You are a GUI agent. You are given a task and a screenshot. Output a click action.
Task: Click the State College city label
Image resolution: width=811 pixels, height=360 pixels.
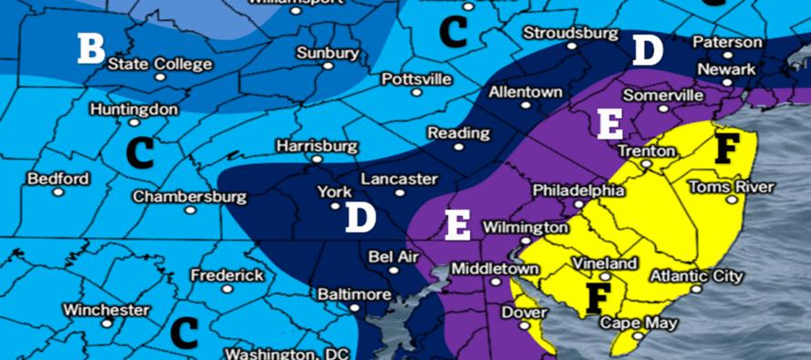159,64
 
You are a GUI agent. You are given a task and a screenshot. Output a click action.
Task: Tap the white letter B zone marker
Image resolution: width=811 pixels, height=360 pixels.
90,48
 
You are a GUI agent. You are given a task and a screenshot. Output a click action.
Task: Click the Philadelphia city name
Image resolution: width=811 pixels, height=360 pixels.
578,191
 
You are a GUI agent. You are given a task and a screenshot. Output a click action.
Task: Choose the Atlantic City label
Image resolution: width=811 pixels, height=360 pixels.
696,275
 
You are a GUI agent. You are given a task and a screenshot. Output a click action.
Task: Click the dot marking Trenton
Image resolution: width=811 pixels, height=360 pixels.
645,165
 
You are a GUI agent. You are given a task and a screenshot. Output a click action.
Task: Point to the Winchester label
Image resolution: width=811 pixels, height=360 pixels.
107,310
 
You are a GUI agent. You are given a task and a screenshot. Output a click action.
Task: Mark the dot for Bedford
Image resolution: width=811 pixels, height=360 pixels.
58,192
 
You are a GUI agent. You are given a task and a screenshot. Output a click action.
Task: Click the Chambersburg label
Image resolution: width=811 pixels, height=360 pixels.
190,196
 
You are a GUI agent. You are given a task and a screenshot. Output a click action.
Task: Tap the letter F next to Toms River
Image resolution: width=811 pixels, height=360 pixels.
725,148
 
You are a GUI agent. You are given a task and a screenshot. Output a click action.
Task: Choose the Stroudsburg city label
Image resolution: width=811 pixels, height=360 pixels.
566,34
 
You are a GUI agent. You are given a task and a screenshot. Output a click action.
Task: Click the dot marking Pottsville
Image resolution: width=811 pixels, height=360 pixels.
416,92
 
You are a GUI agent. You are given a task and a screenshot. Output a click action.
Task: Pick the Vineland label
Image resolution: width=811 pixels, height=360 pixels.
604,263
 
